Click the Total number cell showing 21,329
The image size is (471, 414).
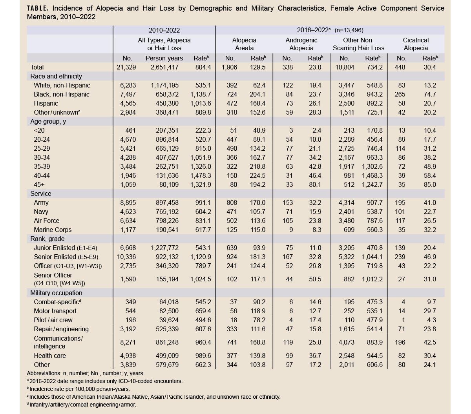126,67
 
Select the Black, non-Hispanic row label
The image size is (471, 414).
61,94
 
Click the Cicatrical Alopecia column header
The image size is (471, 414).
416,44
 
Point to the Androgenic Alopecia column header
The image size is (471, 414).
301,44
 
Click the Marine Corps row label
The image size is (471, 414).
53,230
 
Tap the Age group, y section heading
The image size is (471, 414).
48,121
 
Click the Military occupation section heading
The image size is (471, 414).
57,293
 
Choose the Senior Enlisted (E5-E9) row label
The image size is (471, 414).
66,257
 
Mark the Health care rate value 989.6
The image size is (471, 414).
203,356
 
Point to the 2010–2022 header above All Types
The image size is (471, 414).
164,30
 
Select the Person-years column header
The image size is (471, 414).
164,58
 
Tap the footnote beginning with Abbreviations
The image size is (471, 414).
86,373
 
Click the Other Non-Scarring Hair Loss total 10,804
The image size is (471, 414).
344,67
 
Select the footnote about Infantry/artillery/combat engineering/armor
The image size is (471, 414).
81,405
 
